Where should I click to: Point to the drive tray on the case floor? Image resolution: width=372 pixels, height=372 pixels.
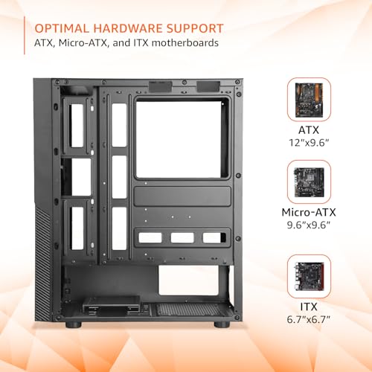[112, 304]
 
